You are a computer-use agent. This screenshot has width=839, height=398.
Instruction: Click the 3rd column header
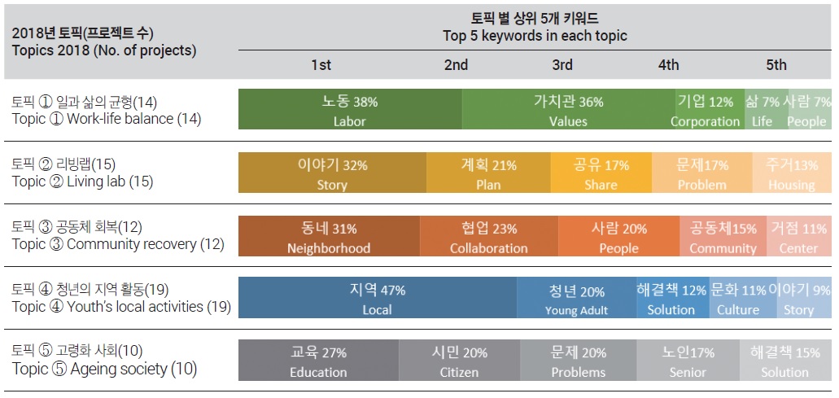pyautogui.click(x=562, y=65)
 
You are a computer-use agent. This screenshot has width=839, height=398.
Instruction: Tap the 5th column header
pyautogui.click(x=776, y=65)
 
